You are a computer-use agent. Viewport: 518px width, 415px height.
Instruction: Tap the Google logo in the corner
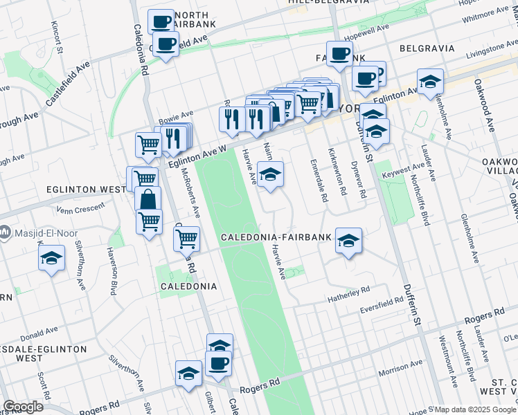click(x=23, y=407)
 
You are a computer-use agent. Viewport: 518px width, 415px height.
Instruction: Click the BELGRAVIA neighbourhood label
click(x=427, y=48)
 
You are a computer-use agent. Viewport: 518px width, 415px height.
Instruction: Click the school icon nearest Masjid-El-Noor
click(x=51, y=259)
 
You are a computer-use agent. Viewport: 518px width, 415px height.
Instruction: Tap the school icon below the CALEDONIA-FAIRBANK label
click(x=349, y=241)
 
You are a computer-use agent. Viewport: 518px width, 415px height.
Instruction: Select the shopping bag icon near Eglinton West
click(x=149, y=201)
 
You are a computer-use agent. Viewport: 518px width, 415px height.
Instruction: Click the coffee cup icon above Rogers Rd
click(x=217, y=364)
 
